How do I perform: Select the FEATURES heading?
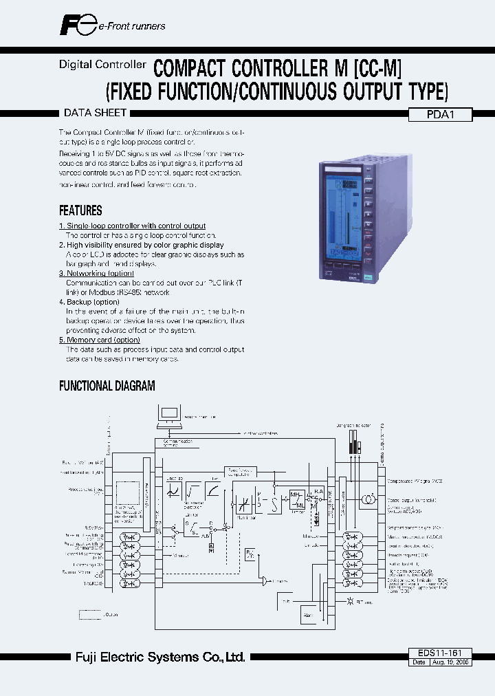pyautogui.click(x=80, y=210)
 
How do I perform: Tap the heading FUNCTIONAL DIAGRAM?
pyautogui.click(x=107, y=386)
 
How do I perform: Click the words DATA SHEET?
pyautogui.click(x=95, y=113)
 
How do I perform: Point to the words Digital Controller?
pyautogui.click(x=102, y=64)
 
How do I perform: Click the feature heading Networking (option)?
pyautogui.click(x=96, y=273)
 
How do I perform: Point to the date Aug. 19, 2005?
pyautogui.click(x=451, y=662)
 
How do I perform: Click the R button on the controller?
pyautogui.click(x=368, y=204)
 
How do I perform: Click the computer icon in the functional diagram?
pyautogui.click(x=168, y=415)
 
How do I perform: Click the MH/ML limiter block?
pyautogui.click(x=297, y=497)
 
